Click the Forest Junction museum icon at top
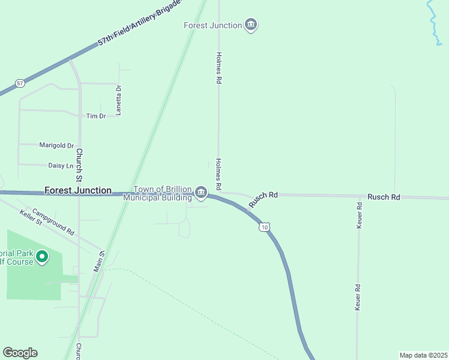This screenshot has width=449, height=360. click(252, 25)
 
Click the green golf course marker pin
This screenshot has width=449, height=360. click(41, 257)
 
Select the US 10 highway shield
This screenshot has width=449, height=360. click(264, 227)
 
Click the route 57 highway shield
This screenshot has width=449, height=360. click(20, 83)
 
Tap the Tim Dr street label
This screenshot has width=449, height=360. click(95, 116)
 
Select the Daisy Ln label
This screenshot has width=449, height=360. click(60, 165)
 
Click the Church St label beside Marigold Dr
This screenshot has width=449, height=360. click(79, 165)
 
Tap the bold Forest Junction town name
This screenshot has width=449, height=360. click(78, 190)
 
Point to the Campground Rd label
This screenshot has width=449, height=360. click(53, 221)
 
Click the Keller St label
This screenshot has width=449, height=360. click(31, 218)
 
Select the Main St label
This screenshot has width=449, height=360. click(99, 262)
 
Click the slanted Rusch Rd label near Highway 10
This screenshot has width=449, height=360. click(264, 199)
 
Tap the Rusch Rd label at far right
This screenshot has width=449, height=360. click(384, 197)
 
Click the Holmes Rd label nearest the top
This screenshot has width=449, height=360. click(219, 67)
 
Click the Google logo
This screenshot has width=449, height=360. click(20, 353)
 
